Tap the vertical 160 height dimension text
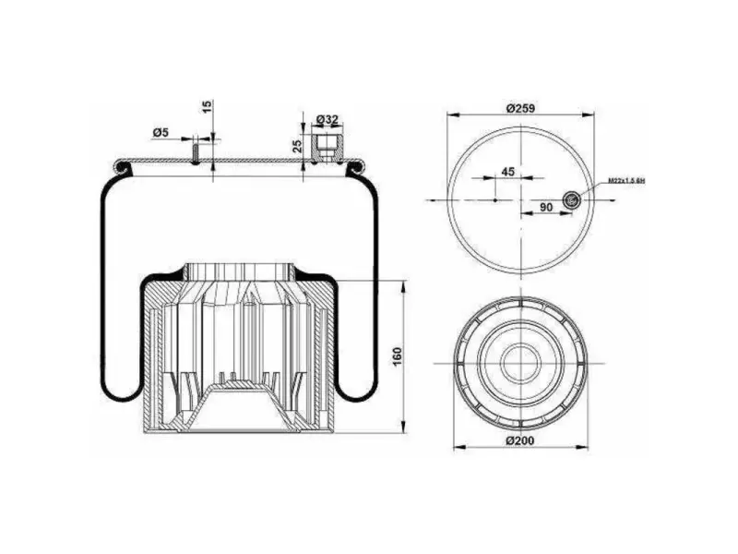coord(398,355)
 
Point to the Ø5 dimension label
coord(161,133)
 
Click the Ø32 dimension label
coord(327,120)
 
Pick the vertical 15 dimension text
coord(208,107)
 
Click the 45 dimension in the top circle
coord(507,172)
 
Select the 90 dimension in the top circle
coord(546,208)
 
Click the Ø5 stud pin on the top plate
coord(196,150)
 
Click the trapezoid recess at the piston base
coord(239,405)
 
